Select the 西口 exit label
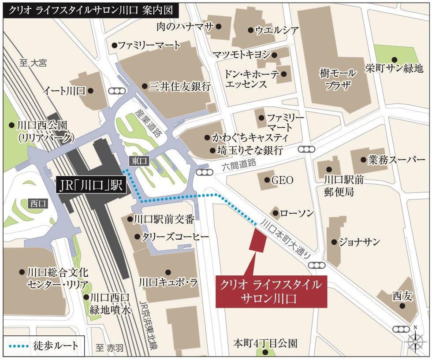coord(38,204)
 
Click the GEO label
coord(282,180)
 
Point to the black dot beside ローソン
coord(276,214)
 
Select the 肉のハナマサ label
coord(185,26)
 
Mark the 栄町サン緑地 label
coord(394,68)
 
